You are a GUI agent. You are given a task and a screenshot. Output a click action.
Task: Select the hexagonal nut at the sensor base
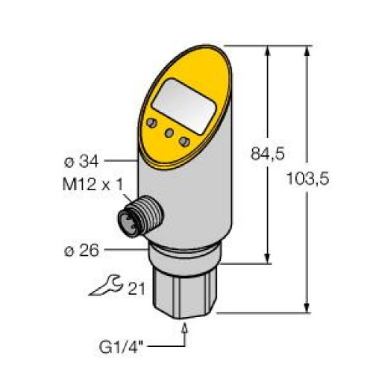[x=184, y=287]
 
